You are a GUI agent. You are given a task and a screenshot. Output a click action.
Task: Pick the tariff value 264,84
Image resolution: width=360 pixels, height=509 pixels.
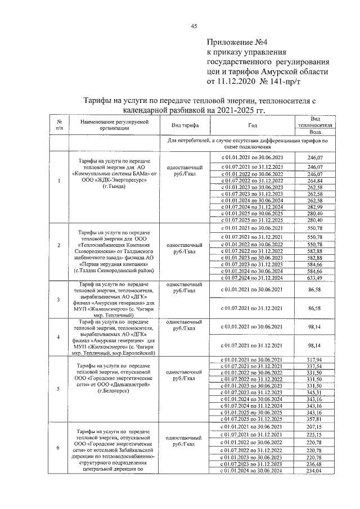click(x=315, y=181)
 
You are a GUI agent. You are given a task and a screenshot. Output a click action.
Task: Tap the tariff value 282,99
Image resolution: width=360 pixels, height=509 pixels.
click(x=315, y=208)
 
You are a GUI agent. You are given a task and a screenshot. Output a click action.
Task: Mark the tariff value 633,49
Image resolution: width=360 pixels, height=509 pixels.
click(x=315, y=277)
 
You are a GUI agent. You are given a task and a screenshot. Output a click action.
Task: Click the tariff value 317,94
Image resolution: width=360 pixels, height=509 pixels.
click(x=315, y=359)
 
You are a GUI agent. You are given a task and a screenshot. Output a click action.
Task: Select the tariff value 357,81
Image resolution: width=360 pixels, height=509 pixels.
click(x=315, y=418)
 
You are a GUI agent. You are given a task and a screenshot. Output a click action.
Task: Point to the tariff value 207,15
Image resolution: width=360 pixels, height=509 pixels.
click(x=315, y=428)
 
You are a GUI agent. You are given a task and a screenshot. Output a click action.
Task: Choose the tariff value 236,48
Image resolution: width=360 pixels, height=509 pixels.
click(x=315, y=464)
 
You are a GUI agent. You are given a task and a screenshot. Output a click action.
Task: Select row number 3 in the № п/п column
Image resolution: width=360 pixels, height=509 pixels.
click(x=59, y=299)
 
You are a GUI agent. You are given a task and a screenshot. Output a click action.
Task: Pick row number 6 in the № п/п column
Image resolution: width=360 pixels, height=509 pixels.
click(x=59, y=447)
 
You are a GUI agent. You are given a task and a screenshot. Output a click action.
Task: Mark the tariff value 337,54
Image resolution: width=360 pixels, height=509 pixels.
click(x=315, y=366)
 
